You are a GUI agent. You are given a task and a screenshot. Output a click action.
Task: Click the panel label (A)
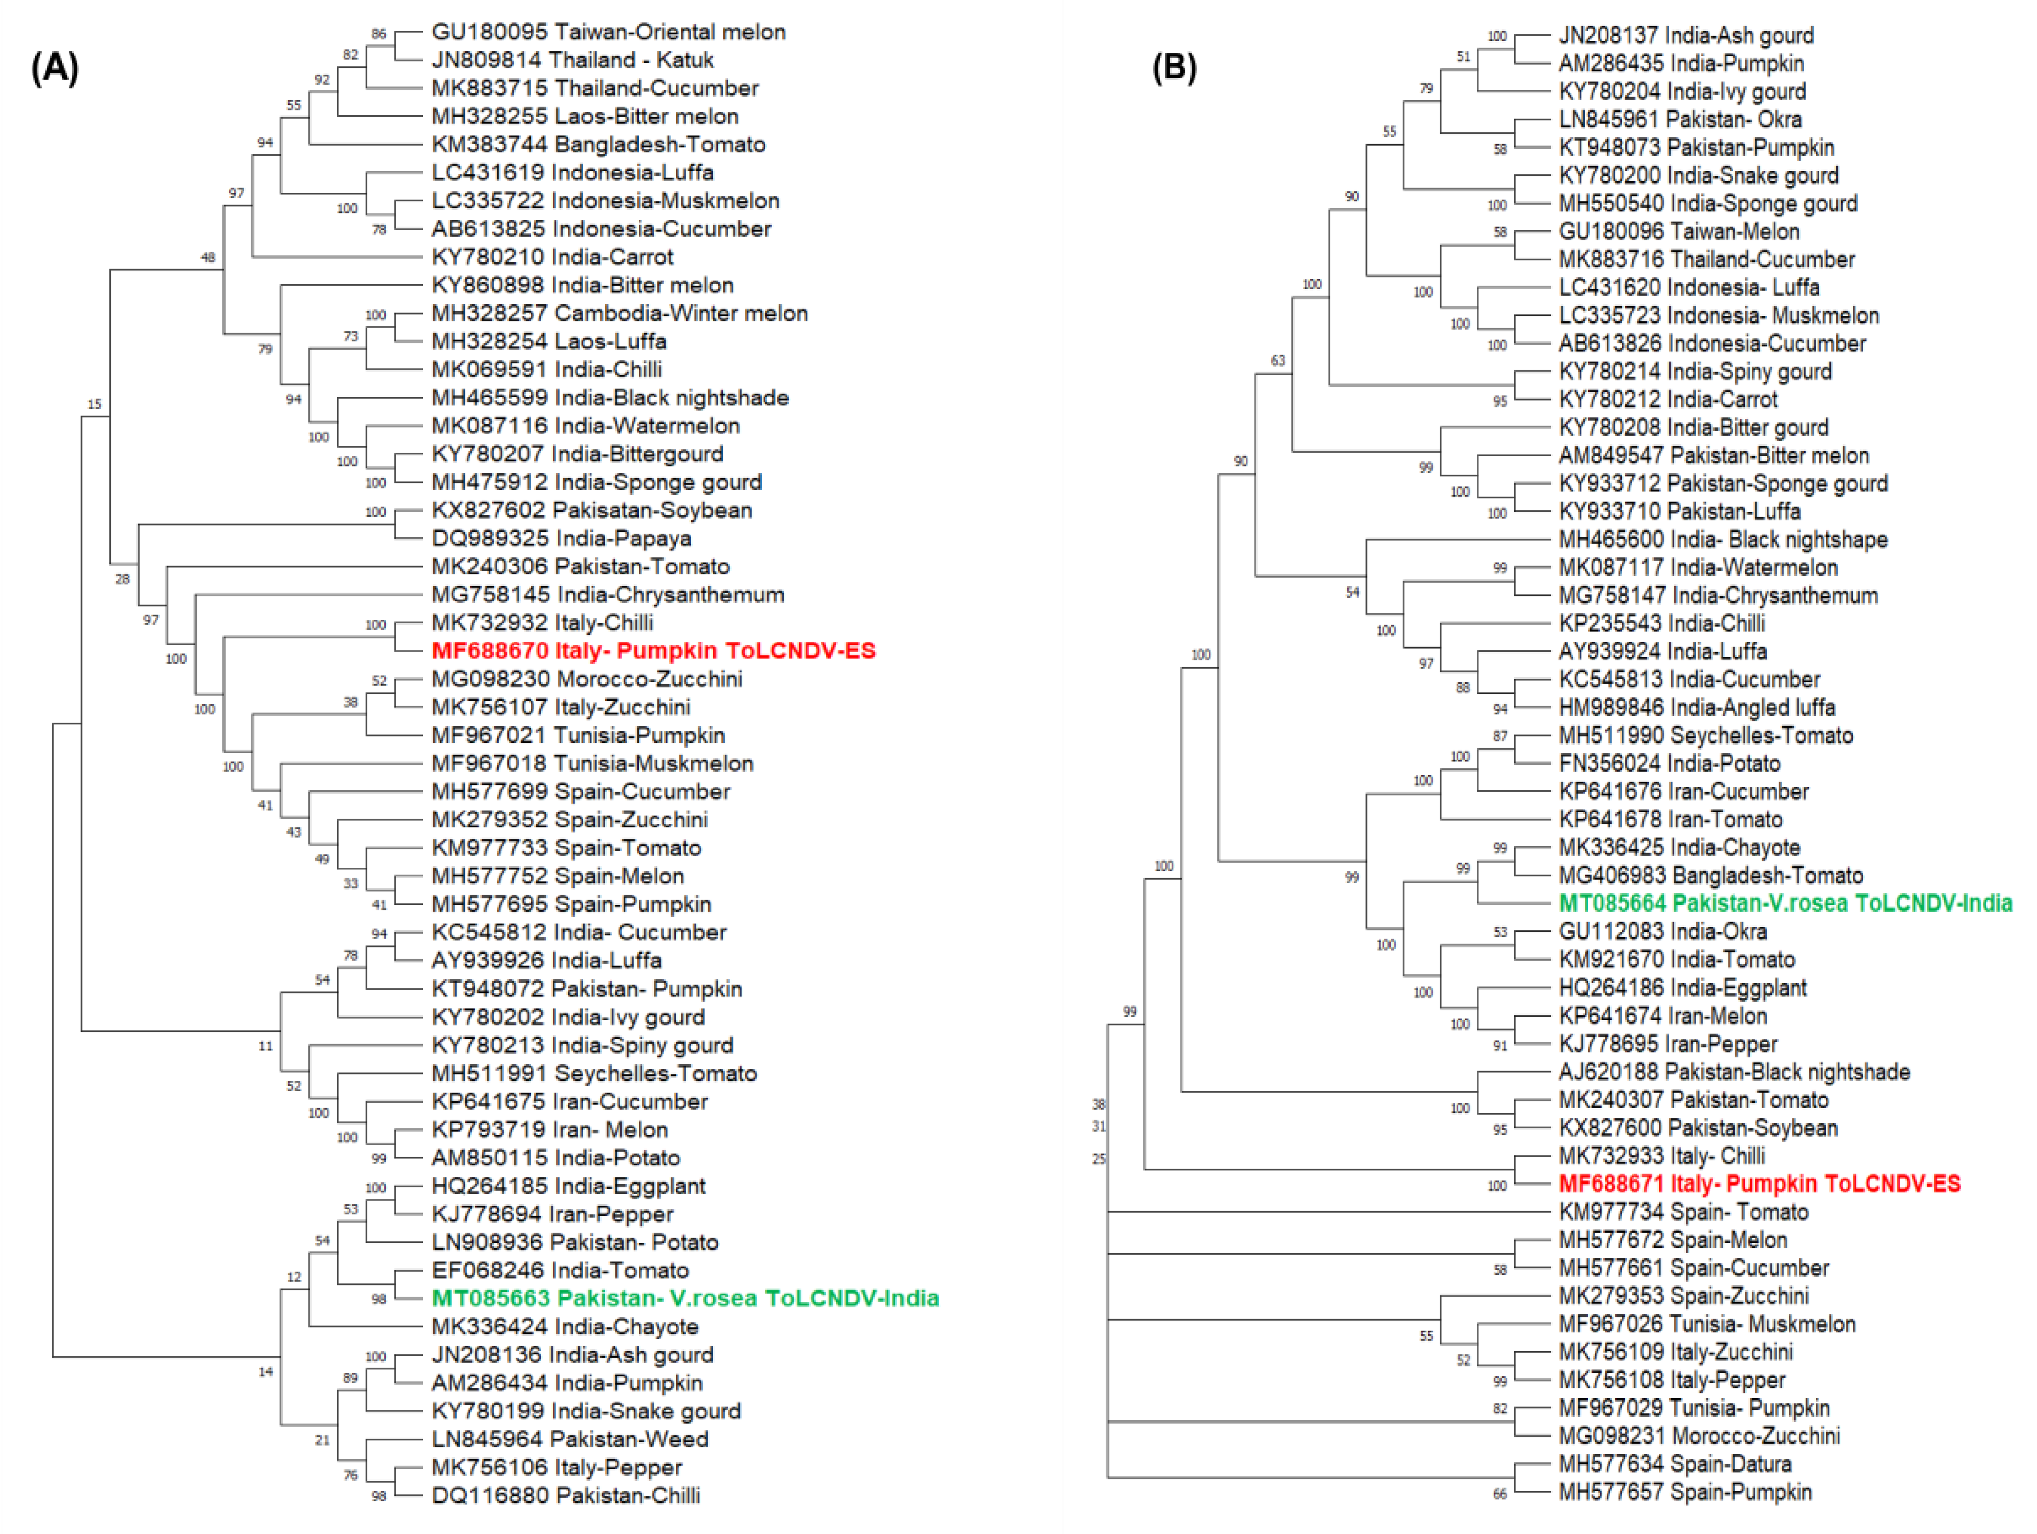[55, 69]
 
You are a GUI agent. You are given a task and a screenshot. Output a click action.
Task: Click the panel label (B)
[1174, 69]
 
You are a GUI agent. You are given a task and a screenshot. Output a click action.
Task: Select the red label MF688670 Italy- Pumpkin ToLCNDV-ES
[653, 651]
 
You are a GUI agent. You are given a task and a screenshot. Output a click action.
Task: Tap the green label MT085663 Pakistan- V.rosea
[685, 1298]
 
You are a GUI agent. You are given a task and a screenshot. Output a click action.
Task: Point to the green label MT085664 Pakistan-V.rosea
[1785, 904]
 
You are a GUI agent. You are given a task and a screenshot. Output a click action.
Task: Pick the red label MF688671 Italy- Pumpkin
[1759, 1184]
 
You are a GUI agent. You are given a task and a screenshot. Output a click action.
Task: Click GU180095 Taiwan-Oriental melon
[609, 32]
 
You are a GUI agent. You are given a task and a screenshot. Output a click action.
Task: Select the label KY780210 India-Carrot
[552, 257]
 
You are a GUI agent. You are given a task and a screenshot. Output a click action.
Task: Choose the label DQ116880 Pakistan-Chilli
[566, 1495]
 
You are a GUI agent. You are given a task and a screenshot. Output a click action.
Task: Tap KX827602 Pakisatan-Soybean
[591, 510]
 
